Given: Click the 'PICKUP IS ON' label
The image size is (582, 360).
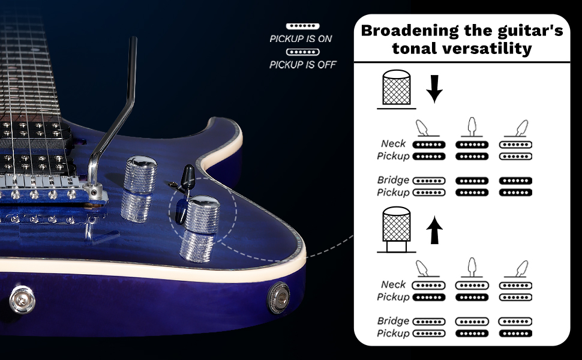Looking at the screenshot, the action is pos(301,39).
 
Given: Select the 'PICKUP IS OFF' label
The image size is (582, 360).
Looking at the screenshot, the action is pos(303,65).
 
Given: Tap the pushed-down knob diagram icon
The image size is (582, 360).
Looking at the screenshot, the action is pos(396,89).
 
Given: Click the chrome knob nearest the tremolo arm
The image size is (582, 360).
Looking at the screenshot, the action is pos(140,173).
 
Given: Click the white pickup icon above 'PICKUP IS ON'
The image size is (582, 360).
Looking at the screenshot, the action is pos(303,26).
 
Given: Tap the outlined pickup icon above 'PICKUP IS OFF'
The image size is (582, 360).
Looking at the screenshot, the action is pos(303,52).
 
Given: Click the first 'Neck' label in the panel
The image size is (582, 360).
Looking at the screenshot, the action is pos(394,144).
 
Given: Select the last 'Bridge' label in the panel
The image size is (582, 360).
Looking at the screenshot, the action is pos(394,321).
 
